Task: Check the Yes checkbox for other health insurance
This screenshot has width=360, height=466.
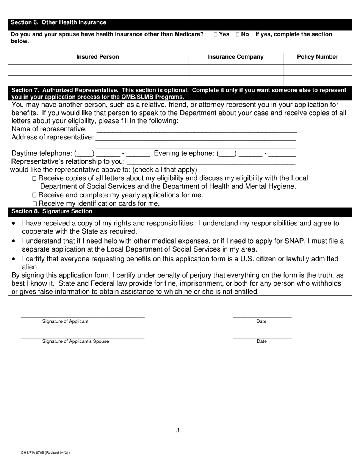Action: tap(216, 34)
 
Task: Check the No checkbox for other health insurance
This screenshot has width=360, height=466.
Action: tap(238, 34)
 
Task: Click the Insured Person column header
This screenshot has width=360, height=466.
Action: tap(98, 57)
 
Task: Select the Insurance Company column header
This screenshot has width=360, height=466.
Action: tap(235, 57)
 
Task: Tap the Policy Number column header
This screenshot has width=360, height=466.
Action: tap(318, 57)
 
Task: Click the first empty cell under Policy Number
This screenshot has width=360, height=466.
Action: tap(318, 70)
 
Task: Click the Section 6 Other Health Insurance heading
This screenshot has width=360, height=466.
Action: tap(59, 23)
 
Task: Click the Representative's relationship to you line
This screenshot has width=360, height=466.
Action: tap(210, 162)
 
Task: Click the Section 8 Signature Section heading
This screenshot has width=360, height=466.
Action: tap(52, 211)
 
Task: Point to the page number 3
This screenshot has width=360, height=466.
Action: tap(178, 430)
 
